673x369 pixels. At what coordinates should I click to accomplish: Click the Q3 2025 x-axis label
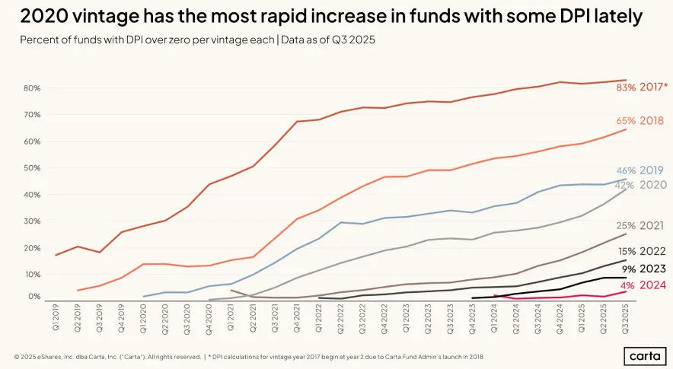click(627, 319)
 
